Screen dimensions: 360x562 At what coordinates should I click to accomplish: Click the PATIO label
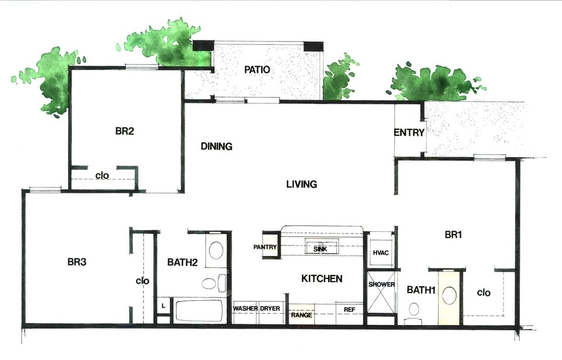pyautogui.click(x=257, y=70)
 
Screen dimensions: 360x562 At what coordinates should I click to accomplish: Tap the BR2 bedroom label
pyautogui.click(x=124, y=131)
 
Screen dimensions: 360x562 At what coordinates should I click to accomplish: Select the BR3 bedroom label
pyautogui.click(x=77, y=262)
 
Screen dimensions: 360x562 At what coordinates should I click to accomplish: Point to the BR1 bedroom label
pyautogui.click(x=454, y=235)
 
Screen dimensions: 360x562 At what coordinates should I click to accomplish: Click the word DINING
pyautogui.click(x=216, y=146)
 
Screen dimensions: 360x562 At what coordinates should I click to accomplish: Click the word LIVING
pyautogui.click(x=301, y=184)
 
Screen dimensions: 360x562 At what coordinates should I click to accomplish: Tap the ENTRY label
pyautogui.click(x=409, y=133)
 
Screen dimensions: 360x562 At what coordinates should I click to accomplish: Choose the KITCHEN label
pyautogui.click(x=321, y=279)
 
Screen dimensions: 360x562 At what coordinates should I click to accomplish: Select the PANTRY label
pyautogui.click(x=265, y=247)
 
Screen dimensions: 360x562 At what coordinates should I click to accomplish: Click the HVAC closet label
pyautogui.click(x=381, y=253)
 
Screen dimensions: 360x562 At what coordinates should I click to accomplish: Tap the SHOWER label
pyautogui.click(x=382, y=284)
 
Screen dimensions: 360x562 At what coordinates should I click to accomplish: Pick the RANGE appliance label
pyautogui.click(x=301, y=315)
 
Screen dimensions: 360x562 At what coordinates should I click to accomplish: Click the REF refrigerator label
pyautogui.click(x=349, y=310)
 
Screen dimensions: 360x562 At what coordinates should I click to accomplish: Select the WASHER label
pyautogui.click(x=245, y=308)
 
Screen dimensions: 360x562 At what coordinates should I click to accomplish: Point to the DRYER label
pyautogui.click(x=270, y=308)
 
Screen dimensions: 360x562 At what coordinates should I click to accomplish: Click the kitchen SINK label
pyautogui.click(x=320, y=249)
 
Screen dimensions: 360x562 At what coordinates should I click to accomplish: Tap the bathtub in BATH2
pyautogui.click(x=199, y=311)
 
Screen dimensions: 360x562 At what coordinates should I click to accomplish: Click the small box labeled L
pyautogui.click(x=163, y=306)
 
